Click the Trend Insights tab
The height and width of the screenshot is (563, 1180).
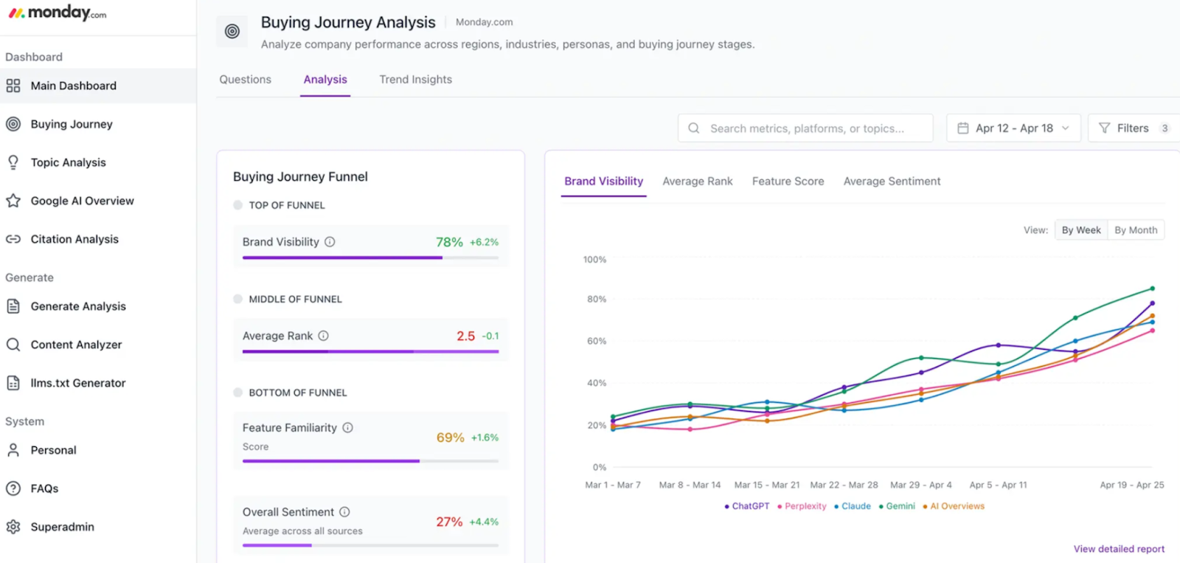click(x=415, y=80)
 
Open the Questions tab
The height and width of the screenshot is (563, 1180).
click(x=245, y=80)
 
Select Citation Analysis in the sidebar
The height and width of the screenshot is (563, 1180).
click(x=74, y=239)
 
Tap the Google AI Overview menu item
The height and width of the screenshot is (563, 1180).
click(x=82, y=201)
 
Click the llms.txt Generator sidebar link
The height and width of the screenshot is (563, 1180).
click(x=77, y=383)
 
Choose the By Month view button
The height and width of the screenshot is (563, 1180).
click(x=1135, y=230)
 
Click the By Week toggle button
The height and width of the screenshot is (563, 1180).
click(x=1080, y=230)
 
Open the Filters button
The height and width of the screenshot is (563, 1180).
click(x=1133, y=128)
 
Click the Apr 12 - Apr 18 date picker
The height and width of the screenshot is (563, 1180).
click(x=1013, y=128)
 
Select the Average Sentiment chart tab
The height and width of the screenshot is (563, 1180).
click(x=892, y=182)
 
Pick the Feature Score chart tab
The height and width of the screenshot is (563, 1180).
click(x=788, y=182)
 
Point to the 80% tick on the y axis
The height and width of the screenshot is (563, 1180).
click(x=596, y=300)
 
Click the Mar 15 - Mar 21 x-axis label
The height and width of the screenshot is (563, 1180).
click(x=766, y=485)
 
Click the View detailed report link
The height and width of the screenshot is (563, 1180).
click(x=1119, y=549)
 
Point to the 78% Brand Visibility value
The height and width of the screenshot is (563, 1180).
click(x=449, y=242)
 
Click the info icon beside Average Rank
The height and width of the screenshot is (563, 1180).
click(x=323, y=336)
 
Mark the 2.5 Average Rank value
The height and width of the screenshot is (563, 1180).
click(x=465, y=336)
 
